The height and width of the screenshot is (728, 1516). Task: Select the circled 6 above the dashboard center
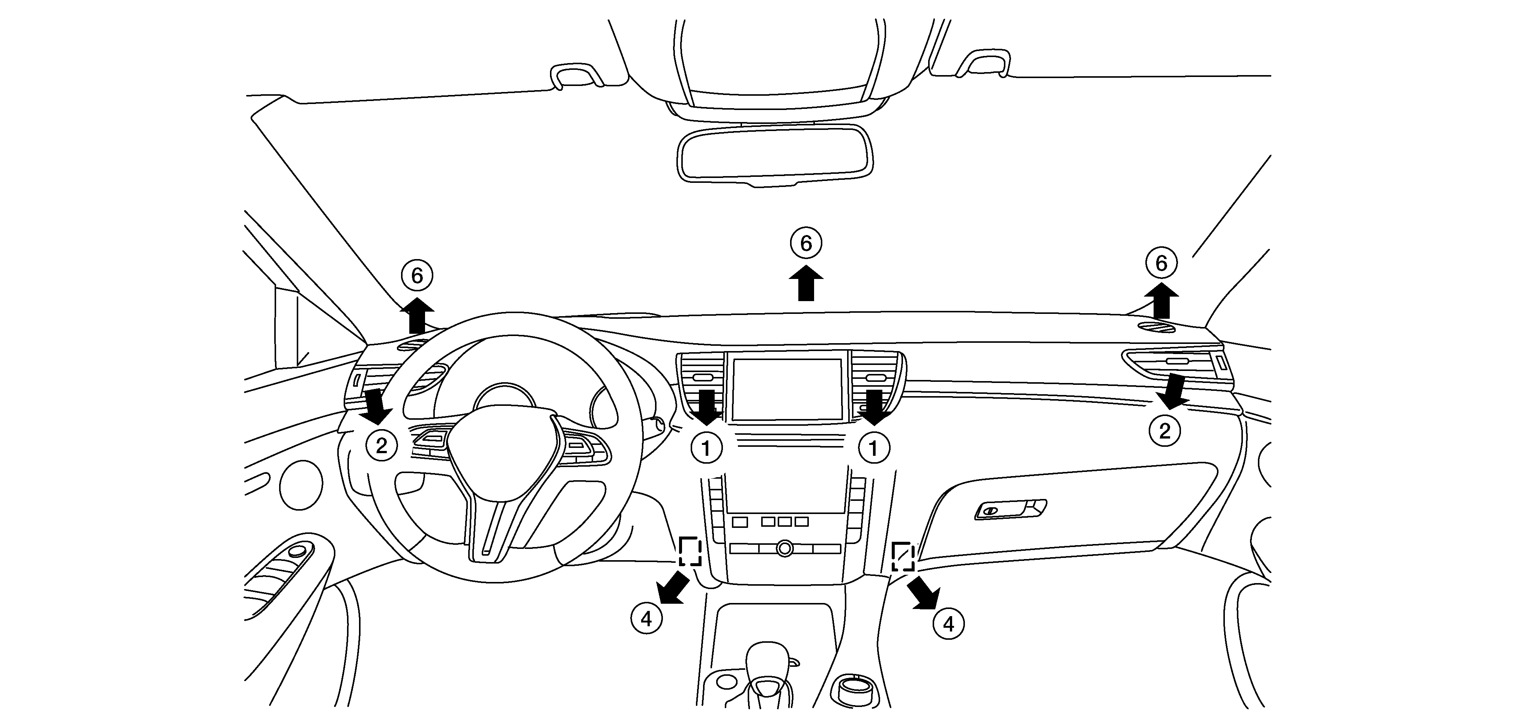coord(806,243)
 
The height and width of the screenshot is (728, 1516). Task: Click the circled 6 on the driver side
coord(417,275)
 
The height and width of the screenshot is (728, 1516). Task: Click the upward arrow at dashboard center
coord(806,283)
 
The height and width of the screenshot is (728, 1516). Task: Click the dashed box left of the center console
coord(690,551)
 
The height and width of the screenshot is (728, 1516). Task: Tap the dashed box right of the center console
coord(903,556)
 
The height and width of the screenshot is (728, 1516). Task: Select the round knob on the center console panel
coord(784,549)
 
